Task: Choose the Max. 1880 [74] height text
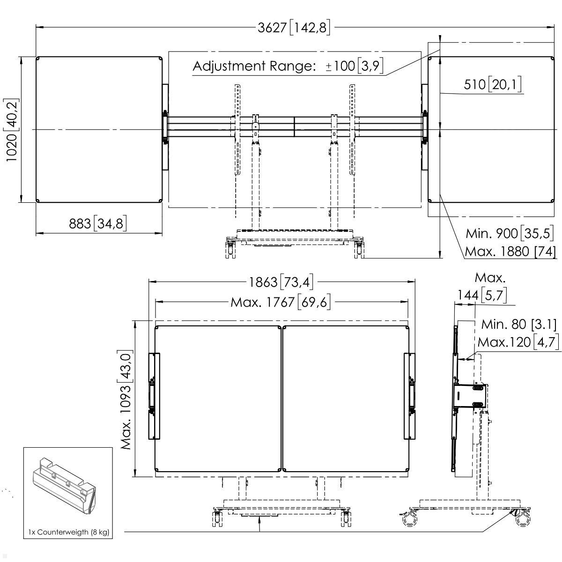510,251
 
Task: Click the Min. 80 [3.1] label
519,324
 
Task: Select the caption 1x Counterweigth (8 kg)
68,532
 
